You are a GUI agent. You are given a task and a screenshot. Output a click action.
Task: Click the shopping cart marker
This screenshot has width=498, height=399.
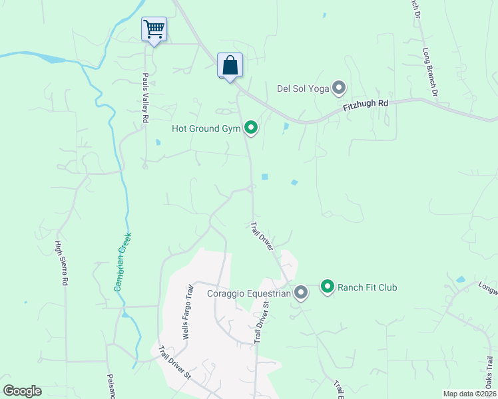click(154, 29)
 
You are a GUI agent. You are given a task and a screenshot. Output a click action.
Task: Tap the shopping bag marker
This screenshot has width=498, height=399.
click(230, 65)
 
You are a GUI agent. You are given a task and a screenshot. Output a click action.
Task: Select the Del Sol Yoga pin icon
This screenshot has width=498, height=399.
click(340, 88)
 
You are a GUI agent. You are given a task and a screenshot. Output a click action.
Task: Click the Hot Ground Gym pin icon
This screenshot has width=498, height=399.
click(251, 127)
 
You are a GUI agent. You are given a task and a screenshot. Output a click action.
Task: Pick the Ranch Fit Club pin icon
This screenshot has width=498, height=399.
click(328, 287)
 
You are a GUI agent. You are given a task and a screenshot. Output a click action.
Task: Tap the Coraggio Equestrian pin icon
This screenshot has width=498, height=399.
click(301, 293)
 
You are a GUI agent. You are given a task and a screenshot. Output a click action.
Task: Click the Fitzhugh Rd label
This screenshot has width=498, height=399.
click(365, 105)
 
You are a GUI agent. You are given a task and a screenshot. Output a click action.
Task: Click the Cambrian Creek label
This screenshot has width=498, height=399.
click(123, 261)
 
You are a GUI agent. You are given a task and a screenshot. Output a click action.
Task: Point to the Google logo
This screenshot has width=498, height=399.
click(22, 391)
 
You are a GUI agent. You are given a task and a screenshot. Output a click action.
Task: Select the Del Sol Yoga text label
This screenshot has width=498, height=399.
click(303, 88)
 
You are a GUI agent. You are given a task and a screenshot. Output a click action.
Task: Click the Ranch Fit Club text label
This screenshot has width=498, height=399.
click(368, 287)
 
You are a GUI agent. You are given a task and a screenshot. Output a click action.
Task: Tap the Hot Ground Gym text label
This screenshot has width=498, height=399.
click(206, 128)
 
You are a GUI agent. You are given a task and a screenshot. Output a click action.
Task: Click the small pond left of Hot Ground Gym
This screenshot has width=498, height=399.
click(158, 142)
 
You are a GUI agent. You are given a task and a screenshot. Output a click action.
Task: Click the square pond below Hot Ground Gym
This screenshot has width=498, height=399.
click(264, 177)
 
